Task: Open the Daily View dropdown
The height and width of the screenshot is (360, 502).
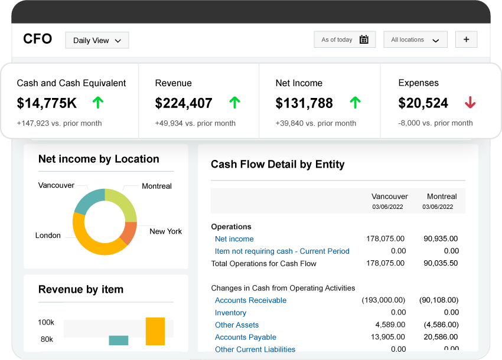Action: (x=97, y=40)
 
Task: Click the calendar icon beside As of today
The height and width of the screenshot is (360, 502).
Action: (x=364, y=40)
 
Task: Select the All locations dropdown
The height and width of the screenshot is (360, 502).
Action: (x=415, y=40)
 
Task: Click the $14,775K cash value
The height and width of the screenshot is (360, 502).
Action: (x=47, y=103)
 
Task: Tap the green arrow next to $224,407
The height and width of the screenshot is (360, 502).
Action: (x=234, y=103)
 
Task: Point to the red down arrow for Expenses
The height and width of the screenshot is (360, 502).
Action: (x=470, y=103)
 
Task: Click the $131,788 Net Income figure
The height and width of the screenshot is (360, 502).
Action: (x=304, y=103)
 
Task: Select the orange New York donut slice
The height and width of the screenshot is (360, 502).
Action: (x=128, y=233)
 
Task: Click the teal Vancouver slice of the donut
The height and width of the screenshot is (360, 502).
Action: (x=89, y=200)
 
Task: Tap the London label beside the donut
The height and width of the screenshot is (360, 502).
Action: (x=48, y=235)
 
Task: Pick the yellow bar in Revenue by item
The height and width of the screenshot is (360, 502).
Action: (x=155, y=331)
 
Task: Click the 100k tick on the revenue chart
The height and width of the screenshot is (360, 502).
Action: (x=46, y=323)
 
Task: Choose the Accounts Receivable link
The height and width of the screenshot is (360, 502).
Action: (x=250, y=300)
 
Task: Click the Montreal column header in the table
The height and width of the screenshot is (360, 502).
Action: (x=442, y=197)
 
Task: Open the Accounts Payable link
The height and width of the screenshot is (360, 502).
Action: (x=245, y=337)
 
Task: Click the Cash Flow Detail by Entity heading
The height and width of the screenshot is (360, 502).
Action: (x=278, y=165)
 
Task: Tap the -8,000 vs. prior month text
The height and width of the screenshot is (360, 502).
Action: (x=435, y=123)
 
